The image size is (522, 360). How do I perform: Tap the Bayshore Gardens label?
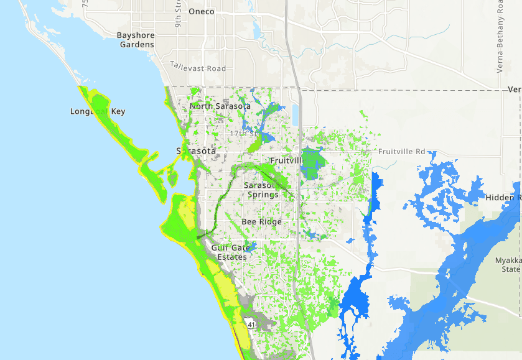pos(135,40)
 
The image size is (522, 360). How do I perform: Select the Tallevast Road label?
pos(198,68)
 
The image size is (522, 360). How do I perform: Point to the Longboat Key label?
pos(98,112)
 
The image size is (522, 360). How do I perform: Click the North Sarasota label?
pos(220,106)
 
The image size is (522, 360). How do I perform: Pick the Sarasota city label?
pos(196,151)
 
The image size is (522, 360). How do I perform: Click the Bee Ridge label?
pos(261,222)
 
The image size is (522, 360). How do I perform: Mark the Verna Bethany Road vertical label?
pos(500,37)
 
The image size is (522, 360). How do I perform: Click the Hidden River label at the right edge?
pos(503,198)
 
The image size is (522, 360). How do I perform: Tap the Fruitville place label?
pos(286,160)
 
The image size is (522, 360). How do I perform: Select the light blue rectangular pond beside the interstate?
pos(294,114)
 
